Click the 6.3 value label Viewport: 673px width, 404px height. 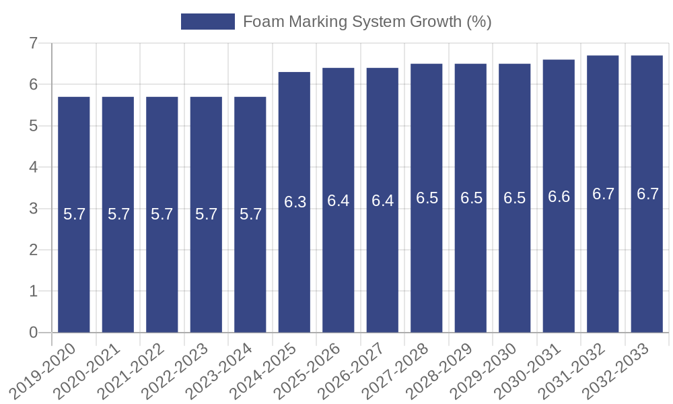[295, 202]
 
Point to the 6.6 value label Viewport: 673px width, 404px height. [559, 197]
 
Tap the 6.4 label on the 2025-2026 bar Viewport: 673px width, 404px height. [339, 201]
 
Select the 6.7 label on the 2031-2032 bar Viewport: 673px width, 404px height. [603, 194]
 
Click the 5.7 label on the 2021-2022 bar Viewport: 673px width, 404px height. [162, 214]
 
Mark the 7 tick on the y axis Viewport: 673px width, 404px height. [33, 44]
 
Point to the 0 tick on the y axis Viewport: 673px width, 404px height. [33, 333]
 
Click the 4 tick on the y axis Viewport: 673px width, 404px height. [33, 168]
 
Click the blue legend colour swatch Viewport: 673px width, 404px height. [208, 22]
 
